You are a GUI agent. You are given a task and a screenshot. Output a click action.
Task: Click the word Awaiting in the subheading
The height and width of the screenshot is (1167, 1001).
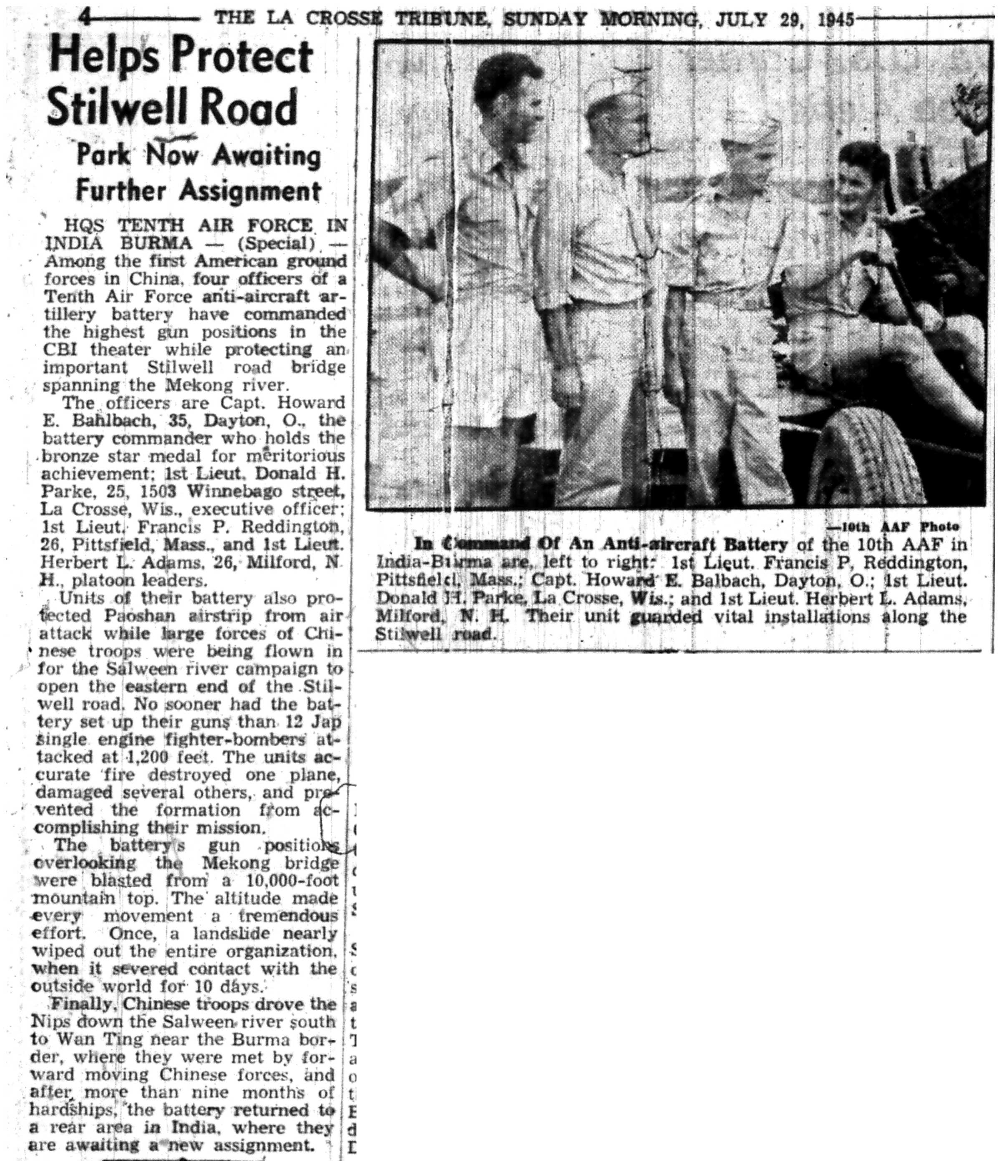[x=264, y=156]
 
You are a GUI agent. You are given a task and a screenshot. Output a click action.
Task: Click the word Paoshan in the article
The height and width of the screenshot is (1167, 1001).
[x=138, y=615]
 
